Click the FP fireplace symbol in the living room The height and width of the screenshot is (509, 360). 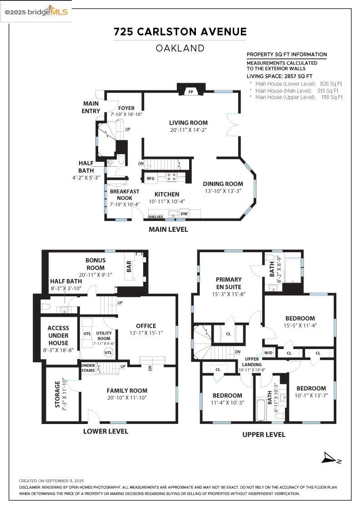(x=191, y=91)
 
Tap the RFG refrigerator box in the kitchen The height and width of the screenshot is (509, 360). (x=150, y=178)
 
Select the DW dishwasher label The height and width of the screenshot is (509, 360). (x=184, y=214)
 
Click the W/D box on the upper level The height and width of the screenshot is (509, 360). (x=268, y=353)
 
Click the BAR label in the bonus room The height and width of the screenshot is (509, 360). (x=129, y=266)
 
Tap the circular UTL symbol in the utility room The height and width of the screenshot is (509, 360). (x=108, y=353)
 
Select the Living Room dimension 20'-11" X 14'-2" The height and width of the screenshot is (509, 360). (x=188, y=130)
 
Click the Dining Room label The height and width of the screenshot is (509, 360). (x=223, y=184)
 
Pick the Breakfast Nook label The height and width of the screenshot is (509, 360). (x=125, y=195)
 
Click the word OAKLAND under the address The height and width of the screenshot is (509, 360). (x=180, y=48)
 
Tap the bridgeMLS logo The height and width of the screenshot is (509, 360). (x=36, y=12)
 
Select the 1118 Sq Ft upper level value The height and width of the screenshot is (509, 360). (x=332, y=97)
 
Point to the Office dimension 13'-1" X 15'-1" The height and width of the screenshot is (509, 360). (x=146, y=333)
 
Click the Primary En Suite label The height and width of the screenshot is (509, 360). (x=229, y=283)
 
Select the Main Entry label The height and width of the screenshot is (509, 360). (x=91, y=107)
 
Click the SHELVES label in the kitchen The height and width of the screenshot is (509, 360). (x=155, y=216)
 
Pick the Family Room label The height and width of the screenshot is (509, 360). (x=127, y=390)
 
